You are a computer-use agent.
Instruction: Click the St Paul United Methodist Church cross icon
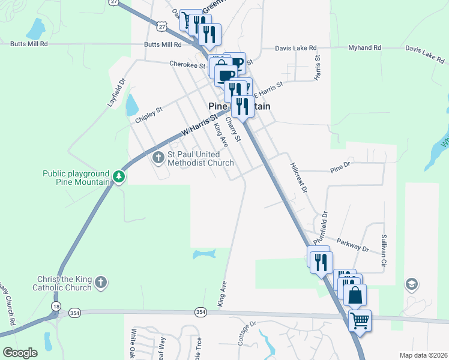point(158,158)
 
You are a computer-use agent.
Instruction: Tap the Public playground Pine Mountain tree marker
point(119,177)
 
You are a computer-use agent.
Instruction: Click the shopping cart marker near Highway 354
point(360,320)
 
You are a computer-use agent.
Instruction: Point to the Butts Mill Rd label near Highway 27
point(162,44)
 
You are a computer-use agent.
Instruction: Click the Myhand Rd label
point(364,48)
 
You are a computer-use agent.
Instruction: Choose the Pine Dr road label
point(340,171)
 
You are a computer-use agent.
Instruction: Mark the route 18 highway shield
point(56,306)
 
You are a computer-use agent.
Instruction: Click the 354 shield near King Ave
point(200,312)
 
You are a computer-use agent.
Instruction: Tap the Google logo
point(20,353)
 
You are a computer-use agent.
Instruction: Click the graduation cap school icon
point(411,283)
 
